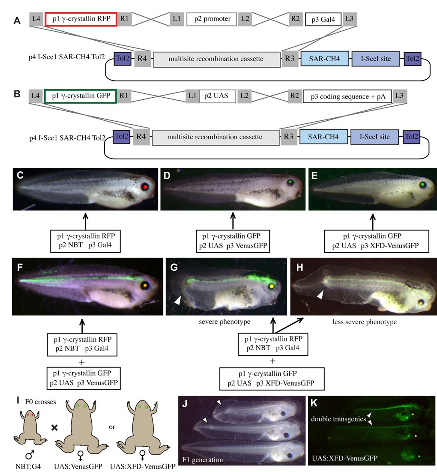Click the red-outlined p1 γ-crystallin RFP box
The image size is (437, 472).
tap(81, 19)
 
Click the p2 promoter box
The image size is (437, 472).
tap(213, 19)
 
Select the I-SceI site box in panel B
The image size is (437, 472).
tap(374, 137)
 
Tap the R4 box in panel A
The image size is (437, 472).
tap(142, 59)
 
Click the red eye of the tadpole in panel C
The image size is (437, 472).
tap(146, 186)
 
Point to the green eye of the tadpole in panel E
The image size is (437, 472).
tap(423, 185)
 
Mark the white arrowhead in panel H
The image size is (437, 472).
tap(319, 294)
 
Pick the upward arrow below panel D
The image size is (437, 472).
tap(233, 220)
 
